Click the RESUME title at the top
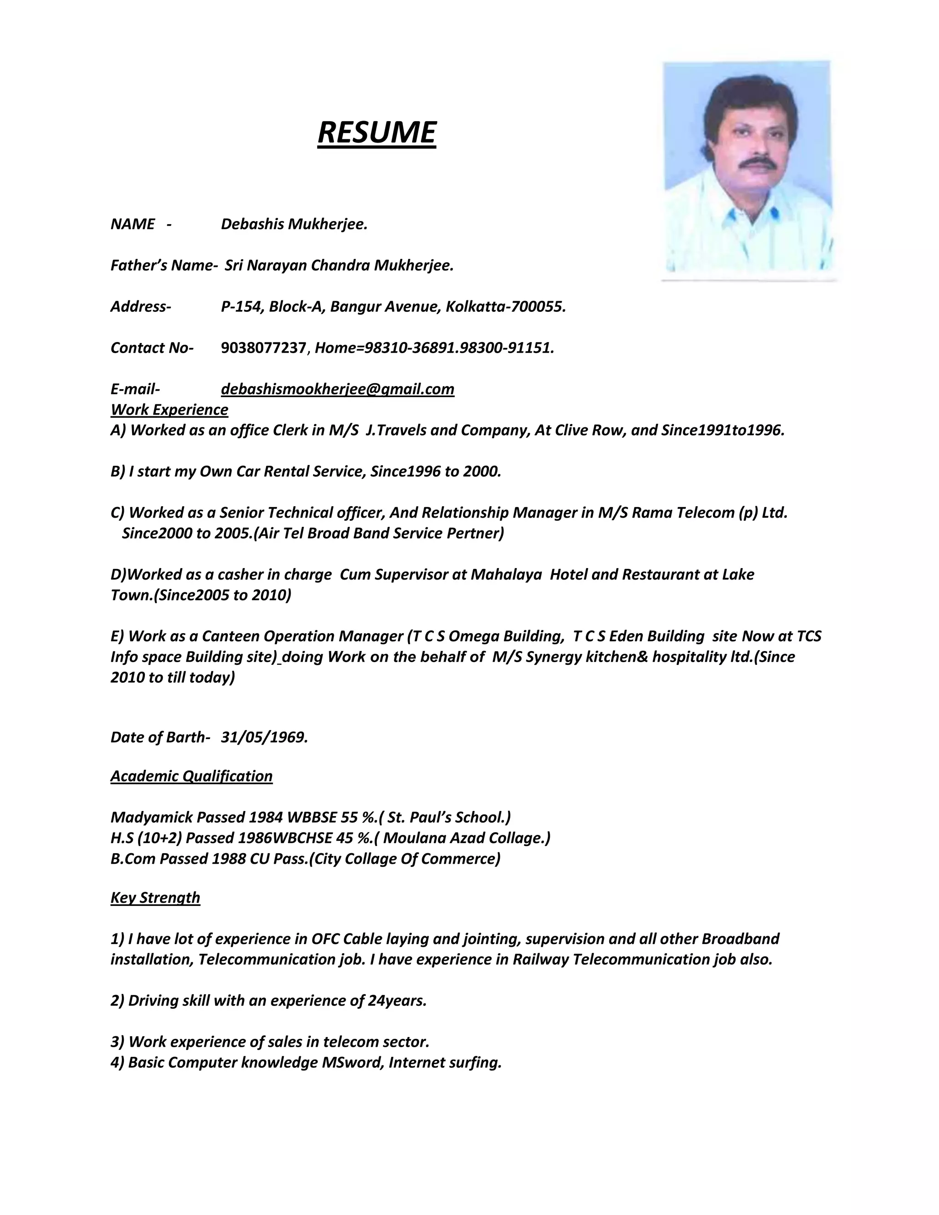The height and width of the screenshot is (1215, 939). pyautogui.click(x=376, y=133)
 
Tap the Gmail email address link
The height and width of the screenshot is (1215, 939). pyautogui.click(x=337, y=389)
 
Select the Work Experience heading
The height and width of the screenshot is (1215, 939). pyautogui.click(x=169, y=409)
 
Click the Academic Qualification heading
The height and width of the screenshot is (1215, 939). pyautogui.click(x=191, y=776)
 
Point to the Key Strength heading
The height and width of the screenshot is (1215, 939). pyautogui.click(x=155, y=897)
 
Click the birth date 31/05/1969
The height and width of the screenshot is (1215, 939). pyautogui.click(x=264, y=737)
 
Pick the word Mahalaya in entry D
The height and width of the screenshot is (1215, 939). pyautogui.click(x=506, y=574)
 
